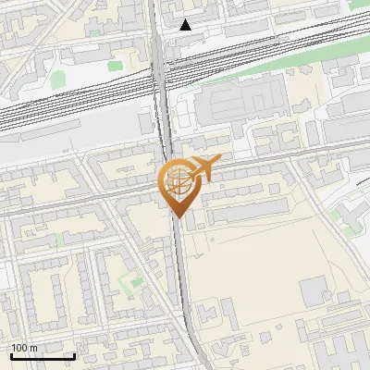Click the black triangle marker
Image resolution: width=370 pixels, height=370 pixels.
(186, 25)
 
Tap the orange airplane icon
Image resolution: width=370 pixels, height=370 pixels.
(204, 169)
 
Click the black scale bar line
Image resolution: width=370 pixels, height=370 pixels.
(43, 356)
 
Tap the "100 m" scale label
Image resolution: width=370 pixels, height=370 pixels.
(25, 348)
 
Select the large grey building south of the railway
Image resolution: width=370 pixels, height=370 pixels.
(242, 104)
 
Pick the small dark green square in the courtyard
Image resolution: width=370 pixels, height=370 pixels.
(137, 281)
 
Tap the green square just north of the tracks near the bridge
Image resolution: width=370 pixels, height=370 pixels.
(115, 66)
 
